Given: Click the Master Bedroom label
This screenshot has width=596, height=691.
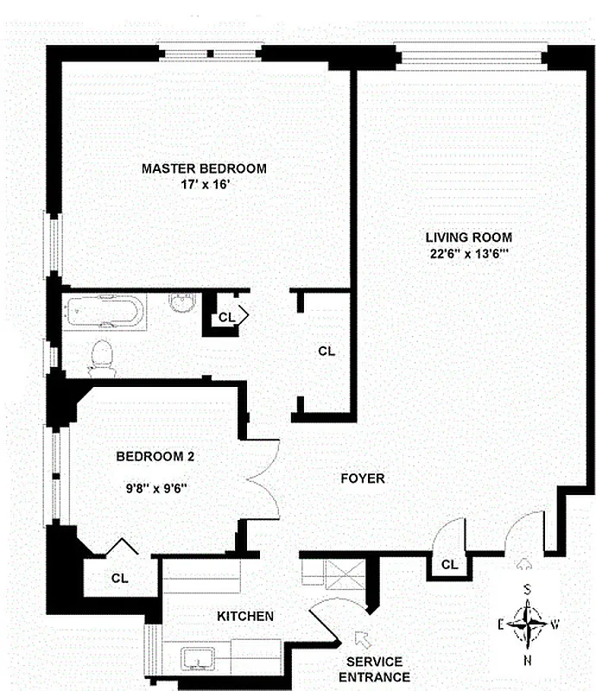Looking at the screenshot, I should coord(204,168).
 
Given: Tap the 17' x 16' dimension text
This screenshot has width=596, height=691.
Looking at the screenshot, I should coord(204,184).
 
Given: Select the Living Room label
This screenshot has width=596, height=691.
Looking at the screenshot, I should coord(469,237).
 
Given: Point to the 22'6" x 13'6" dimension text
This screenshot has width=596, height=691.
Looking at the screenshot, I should coord(469,253).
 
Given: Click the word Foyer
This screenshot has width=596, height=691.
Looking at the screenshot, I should coord(362,478).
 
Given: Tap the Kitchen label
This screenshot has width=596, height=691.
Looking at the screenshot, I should coord(244,616).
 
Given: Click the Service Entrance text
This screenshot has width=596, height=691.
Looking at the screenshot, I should coord(377,669).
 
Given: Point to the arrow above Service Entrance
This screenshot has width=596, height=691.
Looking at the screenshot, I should coord(360,639).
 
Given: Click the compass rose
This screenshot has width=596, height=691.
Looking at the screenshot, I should coord(527,622).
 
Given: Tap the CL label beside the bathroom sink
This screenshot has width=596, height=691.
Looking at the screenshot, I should coord(226,317).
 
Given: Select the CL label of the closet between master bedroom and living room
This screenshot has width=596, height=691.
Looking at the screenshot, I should coord(326,352).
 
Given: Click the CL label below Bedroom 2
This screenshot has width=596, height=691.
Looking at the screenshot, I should coord(118,578).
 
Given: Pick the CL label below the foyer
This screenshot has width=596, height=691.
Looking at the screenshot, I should coord(448,565).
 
